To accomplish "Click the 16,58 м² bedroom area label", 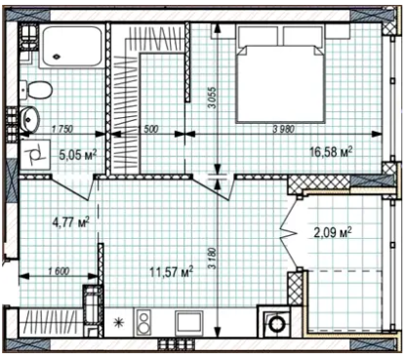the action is pyautogui.click(x=331, y=152).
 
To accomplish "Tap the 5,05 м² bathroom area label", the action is pyautogui.click(x=78, y=154).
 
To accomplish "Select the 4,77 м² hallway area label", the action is pyautogui.click(x=71, y=222).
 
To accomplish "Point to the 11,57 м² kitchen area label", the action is pyautogui.click(x=172, y=271).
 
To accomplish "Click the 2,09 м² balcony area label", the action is pyautogui.click(x=333, y=232).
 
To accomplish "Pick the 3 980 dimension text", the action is pyautogui.click(x=284, y=129).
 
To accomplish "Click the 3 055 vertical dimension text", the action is pyautogui.click(x=212, y=98).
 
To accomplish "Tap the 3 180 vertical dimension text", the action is pyautogui.click(x=212, y=259).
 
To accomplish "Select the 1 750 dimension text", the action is pyautogui.click(x=62, y=129).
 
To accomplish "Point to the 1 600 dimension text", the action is pyautogui.click(x=59, y=270).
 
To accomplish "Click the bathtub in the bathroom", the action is pyautogui.click(x=72, y=47).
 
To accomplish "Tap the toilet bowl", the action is pyautogui.click(x=37, y=90).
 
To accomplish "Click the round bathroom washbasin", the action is pyautogui.click(x=29, y=119).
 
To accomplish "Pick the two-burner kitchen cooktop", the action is pyautogui.click(x=144, y=322).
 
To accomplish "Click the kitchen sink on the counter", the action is pyautogui.click(x=189, y=322).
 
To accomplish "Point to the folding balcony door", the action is pyautogui.click(x=289, y=232).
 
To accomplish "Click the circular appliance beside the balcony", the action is pyautogui.click(x=277, y=324).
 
